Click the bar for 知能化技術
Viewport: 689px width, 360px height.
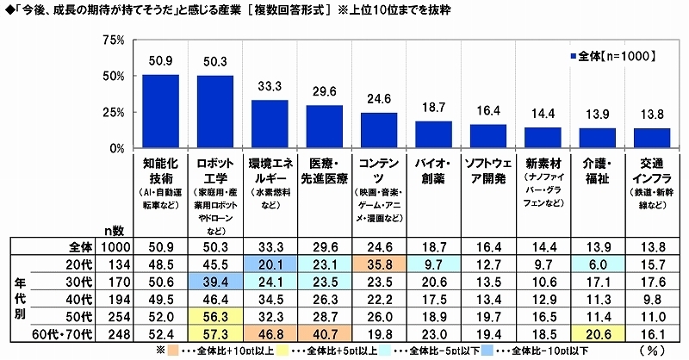(160, 111)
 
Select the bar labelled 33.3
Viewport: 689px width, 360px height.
(270, 124)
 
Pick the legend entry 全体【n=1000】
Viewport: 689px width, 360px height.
(613, 56)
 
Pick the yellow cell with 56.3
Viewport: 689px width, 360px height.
(215, 315)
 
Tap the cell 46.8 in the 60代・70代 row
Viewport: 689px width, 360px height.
(270, 333)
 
